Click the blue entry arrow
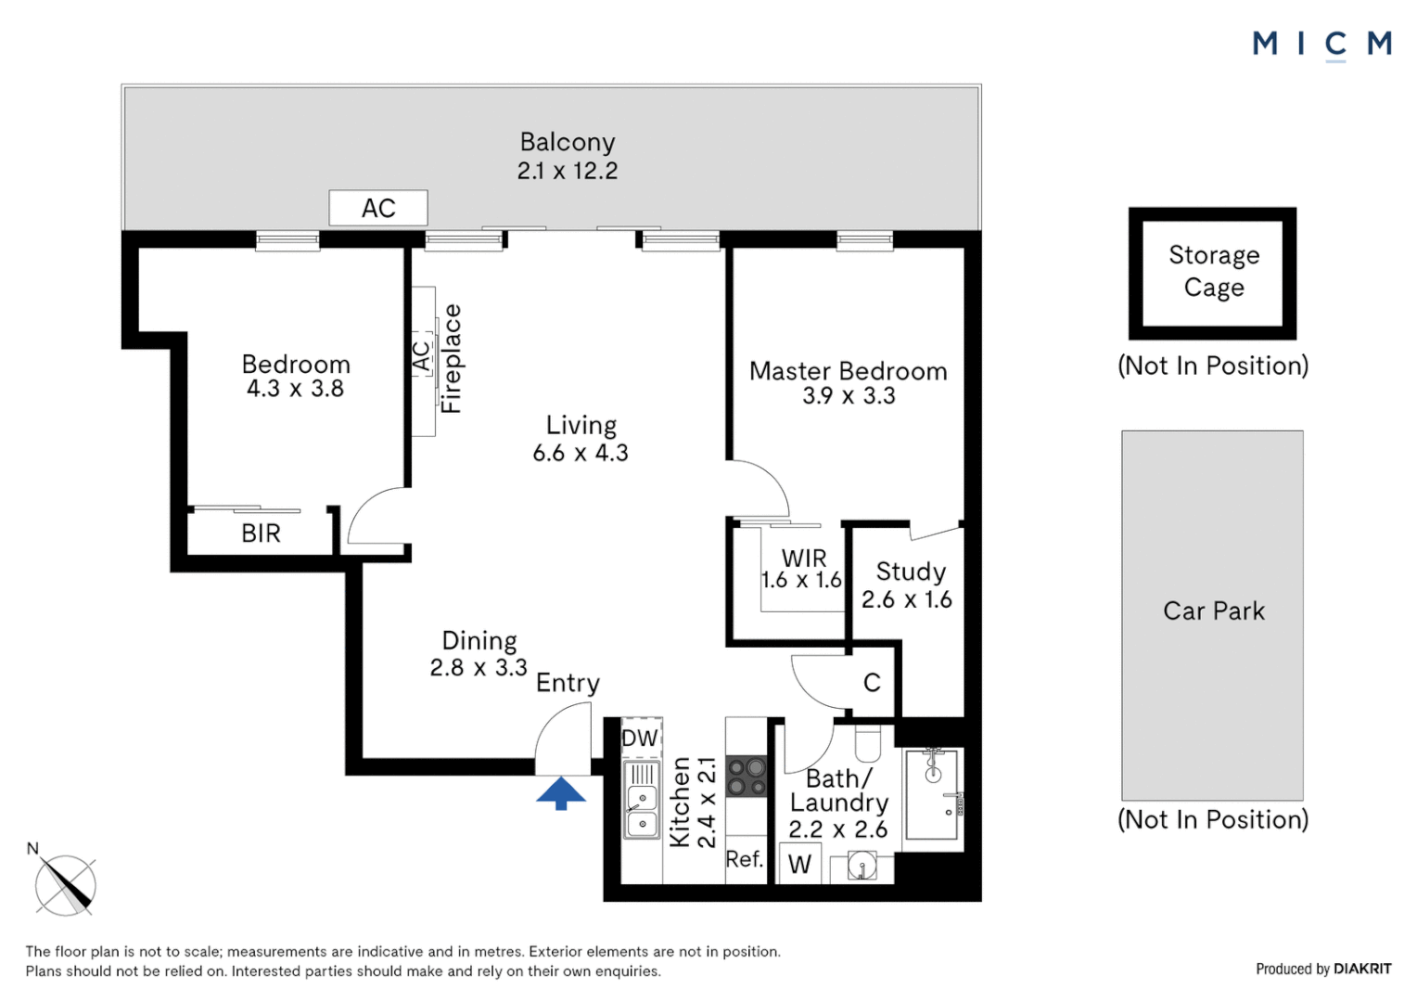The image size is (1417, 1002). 561,793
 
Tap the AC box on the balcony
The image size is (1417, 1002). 378,208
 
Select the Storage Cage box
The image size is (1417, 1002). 1212,273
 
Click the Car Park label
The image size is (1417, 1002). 1213,611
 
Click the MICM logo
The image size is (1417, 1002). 1321,44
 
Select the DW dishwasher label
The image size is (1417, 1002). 640,739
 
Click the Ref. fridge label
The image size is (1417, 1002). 744,859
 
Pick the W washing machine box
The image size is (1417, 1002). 799,864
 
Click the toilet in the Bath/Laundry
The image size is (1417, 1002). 867,744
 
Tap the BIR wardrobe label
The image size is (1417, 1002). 261,533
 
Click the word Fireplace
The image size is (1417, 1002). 451,359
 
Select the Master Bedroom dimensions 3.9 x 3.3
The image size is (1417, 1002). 849,396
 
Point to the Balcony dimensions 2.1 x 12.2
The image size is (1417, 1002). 568,171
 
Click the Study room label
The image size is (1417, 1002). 911,572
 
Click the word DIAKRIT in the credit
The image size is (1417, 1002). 1362,969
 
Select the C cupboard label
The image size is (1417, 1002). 872,683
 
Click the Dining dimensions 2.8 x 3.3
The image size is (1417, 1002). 479,668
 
